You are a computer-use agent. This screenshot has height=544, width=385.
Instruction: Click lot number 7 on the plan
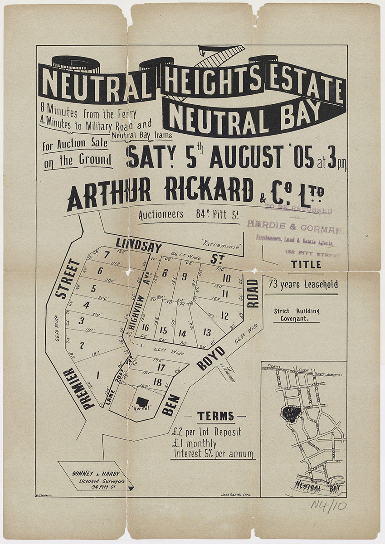pos(107,255)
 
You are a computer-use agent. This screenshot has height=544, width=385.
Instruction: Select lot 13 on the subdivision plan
pos(207,332)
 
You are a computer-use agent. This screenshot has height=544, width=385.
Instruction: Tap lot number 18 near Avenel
pos(157,382)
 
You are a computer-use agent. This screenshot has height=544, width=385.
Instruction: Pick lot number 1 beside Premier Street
pos(97,375)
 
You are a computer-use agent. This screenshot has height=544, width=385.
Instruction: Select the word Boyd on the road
pos(211,359)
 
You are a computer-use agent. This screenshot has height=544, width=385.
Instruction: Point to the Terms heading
pos(216,416)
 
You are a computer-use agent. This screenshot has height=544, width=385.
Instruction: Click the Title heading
pos(306,264)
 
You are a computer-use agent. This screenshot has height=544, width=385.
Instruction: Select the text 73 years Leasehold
pos(303,285)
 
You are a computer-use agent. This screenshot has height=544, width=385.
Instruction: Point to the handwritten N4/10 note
pos(328,505)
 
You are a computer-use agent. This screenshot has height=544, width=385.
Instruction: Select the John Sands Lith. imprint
pos(234,495)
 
